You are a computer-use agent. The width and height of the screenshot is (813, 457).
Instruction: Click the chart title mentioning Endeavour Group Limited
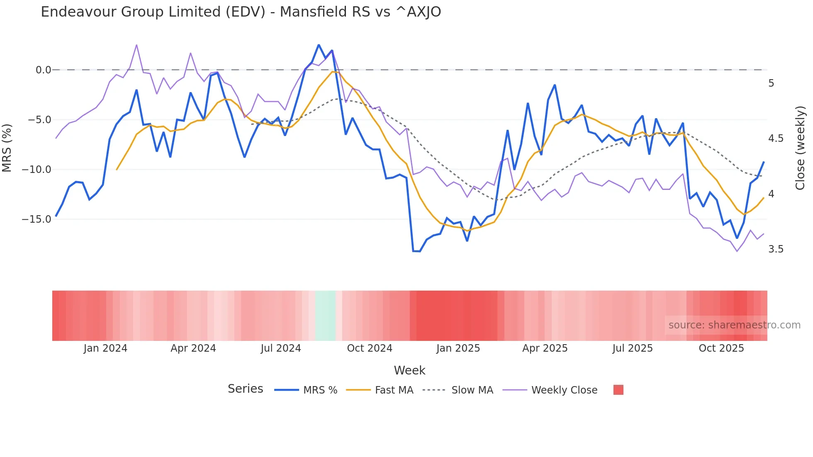click(x=241, y=12)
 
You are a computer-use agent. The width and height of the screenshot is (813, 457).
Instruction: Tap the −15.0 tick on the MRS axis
click(x=37, y=219)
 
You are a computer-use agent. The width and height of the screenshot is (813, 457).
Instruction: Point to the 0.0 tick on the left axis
click(x=43, y=70)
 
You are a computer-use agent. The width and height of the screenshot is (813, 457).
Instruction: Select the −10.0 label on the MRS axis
click(x=37, y=170)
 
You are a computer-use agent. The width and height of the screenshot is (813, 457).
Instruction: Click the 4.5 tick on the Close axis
click(x=776, y=139)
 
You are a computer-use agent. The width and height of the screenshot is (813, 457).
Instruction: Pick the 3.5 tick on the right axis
click(x=776, y=249)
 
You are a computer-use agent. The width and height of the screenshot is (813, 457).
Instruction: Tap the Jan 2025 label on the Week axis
click(x=458, y=348)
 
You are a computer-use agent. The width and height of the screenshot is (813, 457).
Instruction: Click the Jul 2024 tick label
click(x=281, y=348)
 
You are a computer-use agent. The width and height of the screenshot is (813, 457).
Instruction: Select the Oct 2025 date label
click(x=721, y=348)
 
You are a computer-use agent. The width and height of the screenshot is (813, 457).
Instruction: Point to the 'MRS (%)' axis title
click(x=7, y=148)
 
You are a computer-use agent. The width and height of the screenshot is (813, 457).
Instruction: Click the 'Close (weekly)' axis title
click(x=800, y=148)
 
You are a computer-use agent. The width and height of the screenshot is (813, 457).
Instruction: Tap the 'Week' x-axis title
click(x=409, y=370)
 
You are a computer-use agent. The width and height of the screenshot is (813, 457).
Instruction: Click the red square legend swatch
click(x=618, y=390)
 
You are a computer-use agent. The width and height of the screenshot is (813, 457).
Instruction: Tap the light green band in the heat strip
click(x=325, y=316)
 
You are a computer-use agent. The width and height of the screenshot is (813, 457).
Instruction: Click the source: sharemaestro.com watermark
click(x=734, y=325)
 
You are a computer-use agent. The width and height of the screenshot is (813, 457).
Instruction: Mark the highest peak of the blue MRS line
click(x=319, y=45)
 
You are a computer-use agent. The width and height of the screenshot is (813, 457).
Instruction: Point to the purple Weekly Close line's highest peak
click(x=136, y=45)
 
